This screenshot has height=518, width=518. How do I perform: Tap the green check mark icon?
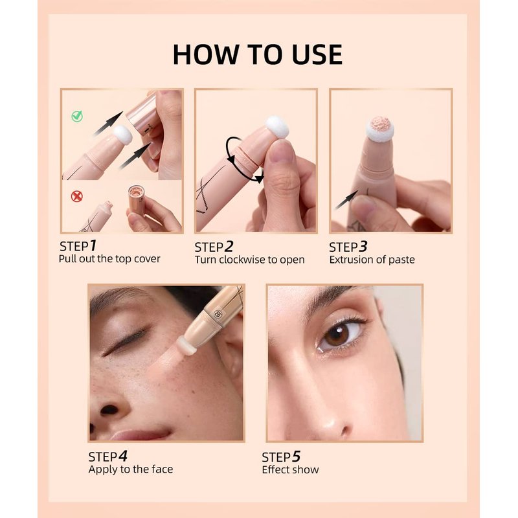[x=77, y=116]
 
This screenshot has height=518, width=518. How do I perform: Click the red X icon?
[x=77, y=197]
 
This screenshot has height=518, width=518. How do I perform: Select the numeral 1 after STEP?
[x=93, y=245]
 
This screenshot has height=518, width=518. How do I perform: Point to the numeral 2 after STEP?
[x=229, y=247]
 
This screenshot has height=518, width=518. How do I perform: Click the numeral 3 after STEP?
[x=363, y=247]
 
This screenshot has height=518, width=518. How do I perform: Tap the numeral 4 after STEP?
[x=123, y=456]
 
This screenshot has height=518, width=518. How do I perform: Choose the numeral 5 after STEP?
[x=297, y=457]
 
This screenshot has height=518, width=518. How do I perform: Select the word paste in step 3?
[x=401, y=260]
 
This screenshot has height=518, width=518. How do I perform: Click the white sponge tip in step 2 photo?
[x=277, y=127]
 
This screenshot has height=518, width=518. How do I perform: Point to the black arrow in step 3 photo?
[x=346, y=199]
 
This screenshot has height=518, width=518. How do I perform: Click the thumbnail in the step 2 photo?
[x=281, y=152]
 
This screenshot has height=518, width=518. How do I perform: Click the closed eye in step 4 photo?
[x=126, y=341]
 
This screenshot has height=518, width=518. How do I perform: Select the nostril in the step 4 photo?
[x=109, y=410]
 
